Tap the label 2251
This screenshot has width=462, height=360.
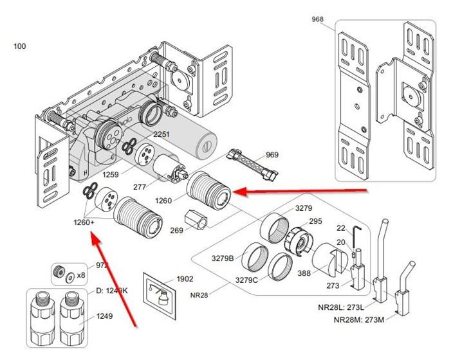coord(161,134)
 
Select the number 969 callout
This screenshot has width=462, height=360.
coord(272,155)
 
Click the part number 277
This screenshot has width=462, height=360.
coord(158,188)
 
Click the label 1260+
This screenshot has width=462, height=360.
coord(84,222)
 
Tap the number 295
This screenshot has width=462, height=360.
coord(315,221)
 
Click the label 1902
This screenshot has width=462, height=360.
coord(185,279)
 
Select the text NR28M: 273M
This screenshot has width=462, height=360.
coord(356,319)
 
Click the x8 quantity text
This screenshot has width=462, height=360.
coord(82,274)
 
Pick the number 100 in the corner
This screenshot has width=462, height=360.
coord(20,46)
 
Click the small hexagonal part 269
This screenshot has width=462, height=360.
coord(197,219)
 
